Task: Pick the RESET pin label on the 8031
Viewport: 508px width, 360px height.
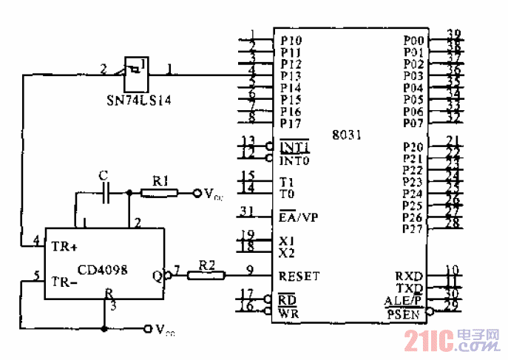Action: pos(299,276)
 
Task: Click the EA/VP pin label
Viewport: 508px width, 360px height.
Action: pos(299,217)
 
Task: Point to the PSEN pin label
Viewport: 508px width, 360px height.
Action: pos(404,314)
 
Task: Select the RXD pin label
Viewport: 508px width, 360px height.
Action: pos(408,276)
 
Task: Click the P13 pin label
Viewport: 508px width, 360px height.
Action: pos(291,75)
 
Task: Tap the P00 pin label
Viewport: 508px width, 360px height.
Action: pos(413,40)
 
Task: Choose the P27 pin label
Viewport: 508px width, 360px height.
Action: pos(413,229)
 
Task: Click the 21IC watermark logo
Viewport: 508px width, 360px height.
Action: pos(450,341)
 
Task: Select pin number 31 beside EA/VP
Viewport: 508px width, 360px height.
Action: pos(248,213)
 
